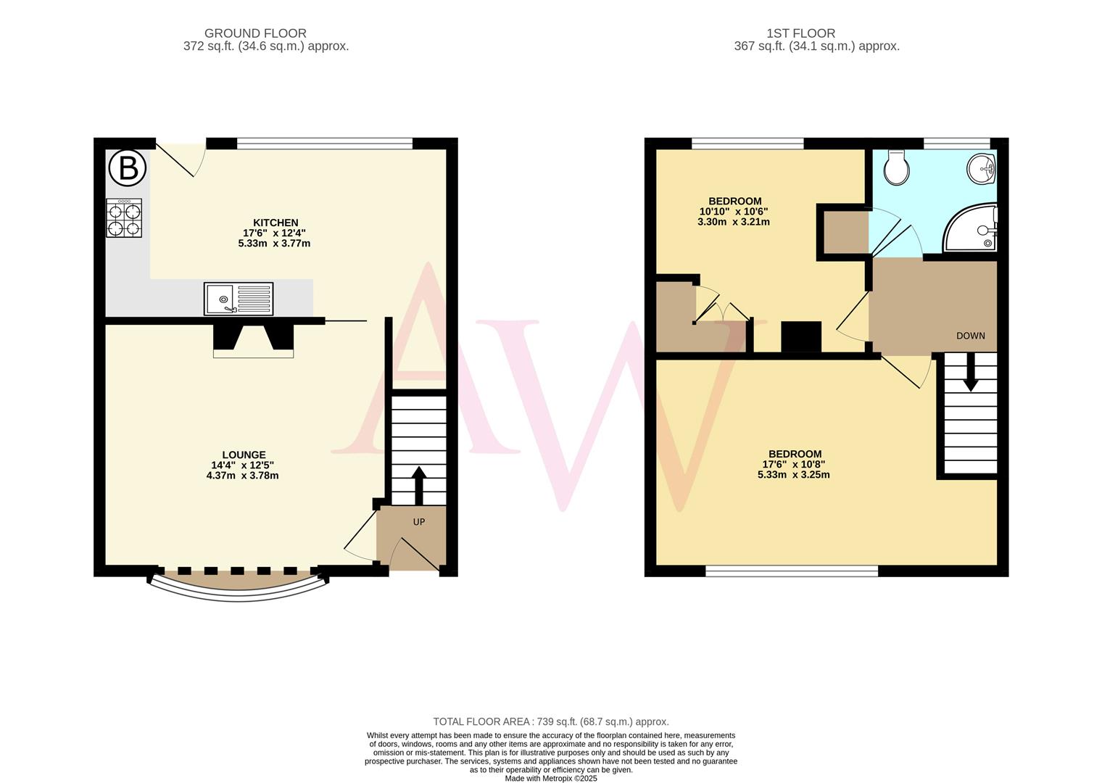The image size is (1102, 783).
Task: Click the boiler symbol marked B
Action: (128, 168)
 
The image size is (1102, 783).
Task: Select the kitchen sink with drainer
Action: (239, 299)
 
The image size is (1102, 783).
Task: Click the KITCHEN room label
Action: (275, 223)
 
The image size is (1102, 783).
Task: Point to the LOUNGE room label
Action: (244, 455)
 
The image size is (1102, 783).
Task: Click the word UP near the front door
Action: (419, 522)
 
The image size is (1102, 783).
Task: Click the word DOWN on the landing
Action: (970, 336)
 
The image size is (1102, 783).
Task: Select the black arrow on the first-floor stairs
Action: (970, 373)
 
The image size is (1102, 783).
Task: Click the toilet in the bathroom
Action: (897, 167)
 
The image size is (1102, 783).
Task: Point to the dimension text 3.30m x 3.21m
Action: (734, 222)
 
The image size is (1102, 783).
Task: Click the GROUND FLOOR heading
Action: (255, 33)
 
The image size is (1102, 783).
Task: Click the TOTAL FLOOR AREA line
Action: (550, 721)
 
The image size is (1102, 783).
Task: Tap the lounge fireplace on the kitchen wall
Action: (253, 340)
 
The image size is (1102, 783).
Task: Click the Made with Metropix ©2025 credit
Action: (550, 778)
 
